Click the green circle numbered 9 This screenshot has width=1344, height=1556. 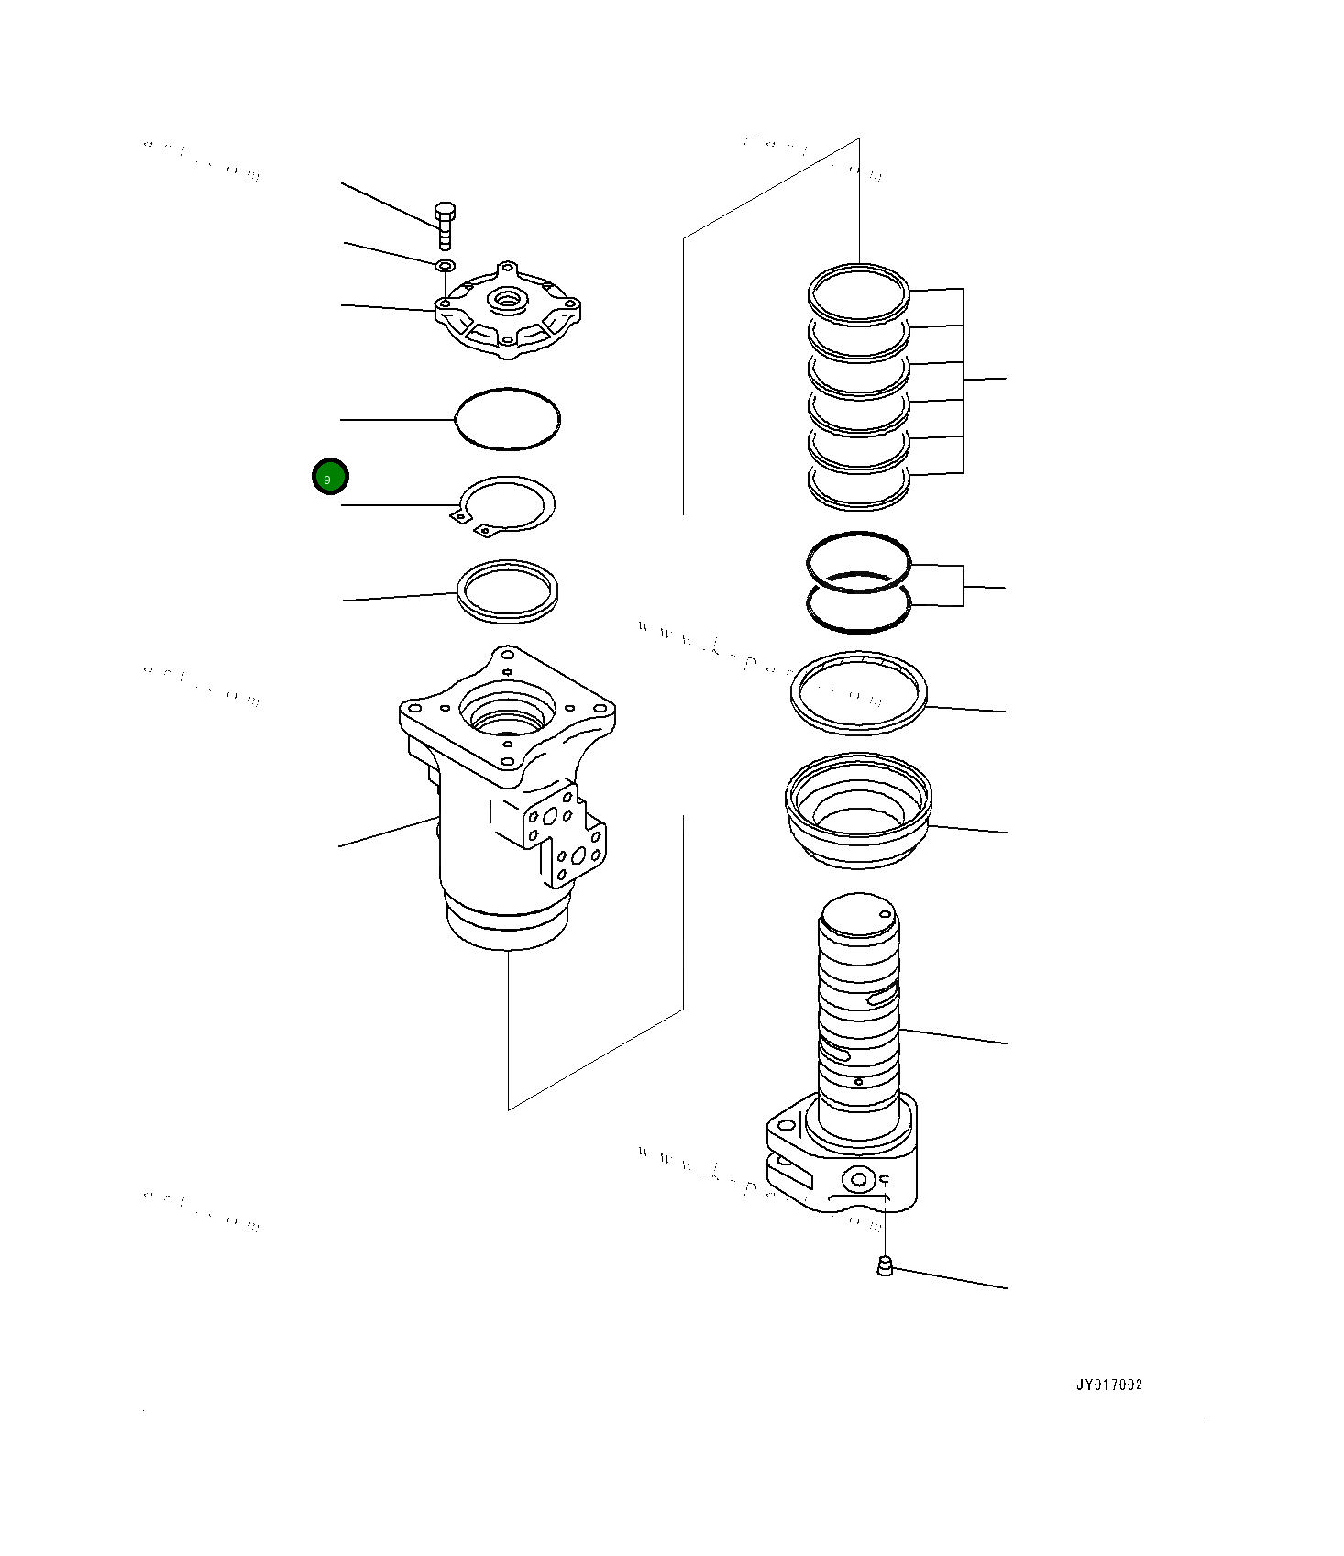pyautogui.click(x=330, y=477)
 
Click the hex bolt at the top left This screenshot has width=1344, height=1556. pyautogui.click(x=445, y=225)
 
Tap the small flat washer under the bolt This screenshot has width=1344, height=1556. pyautogui.click(x=445, y=266)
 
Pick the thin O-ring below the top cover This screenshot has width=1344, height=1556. pyautogui.click(x=508, y=419)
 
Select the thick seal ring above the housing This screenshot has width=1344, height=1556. pyautogui.click(x=508, y=591)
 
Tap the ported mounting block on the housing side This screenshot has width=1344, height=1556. pyautogui.click(x=567, y=834)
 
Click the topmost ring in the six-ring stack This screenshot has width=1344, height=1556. pyautogui.click(x=859, y=293)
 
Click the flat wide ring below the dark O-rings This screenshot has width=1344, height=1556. pyautogui.click(x=859, y=693)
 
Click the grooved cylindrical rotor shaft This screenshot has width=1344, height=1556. pyautogui.click(x=859, y=1009)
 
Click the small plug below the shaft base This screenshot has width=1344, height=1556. pyautogui.click(x=885, y=1266)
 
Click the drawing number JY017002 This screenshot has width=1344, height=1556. pyautogui.click(x=1109, y=1385)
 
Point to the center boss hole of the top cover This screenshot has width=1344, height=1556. pyautogui.click(x=506, y=298)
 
